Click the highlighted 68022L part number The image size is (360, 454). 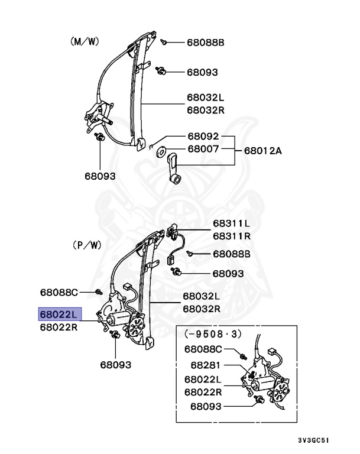(58, 314)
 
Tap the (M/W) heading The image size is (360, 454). (83, 42)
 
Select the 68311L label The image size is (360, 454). (231, 223)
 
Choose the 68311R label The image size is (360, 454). (231, 235)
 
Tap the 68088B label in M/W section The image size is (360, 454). (205, 43)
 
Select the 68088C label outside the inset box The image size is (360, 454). (59, 292)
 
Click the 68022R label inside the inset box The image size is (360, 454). (203, 392)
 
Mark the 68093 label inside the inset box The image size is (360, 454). (205, 407)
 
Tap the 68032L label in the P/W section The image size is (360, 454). (200, 296)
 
